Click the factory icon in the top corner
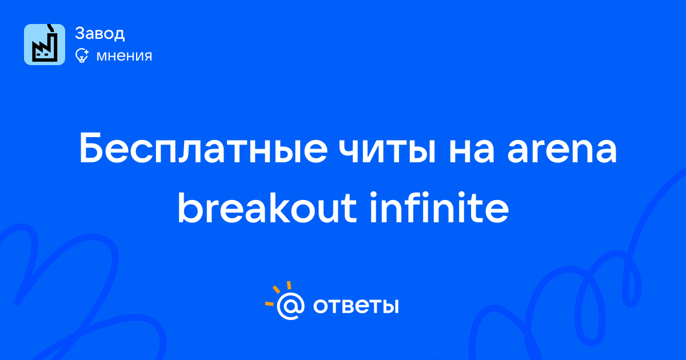pos(45,45)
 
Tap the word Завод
pos(100,33)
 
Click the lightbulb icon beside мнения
pos(82,55)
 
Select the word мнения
pos(124,56)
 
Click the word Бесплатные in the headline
pos(203,149)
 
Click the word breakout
pos(267,208)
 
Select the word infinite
pos(439,207)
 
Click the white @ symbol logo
pos(290,306)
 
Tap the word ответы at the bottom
pos(356,306)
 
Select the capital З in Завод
pos(80,33)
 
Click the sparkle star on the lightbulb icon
pos(86,51)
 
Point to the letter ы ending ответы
pos(390,306)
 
